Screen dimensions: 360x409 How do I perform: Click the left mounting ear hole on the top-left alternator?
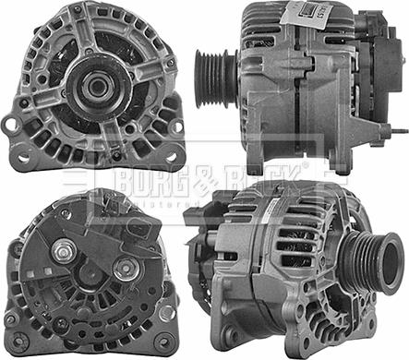[x=11, y=124]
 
